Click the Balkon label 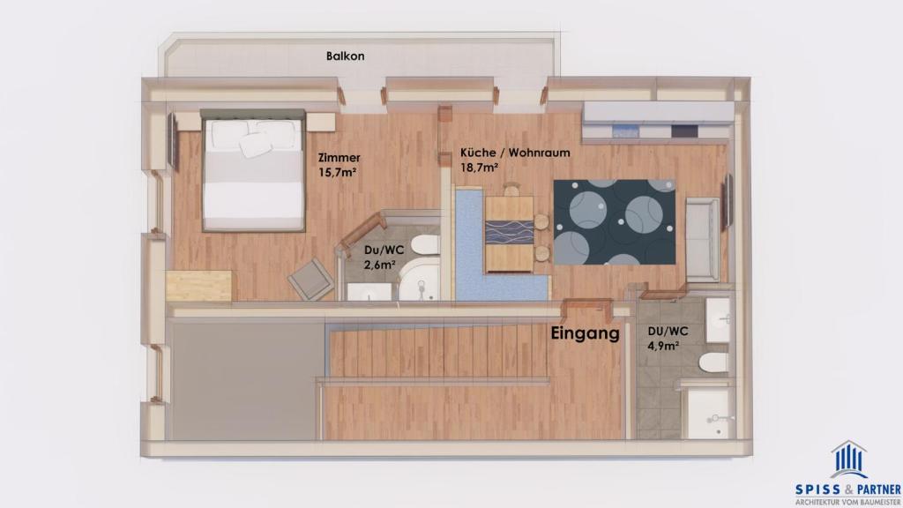pyautogui.click(x=345, y=56)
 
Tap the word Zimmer pyautogui.click(x=340, y=158)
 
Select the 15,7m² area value pyautogui.click(x=338, y=172)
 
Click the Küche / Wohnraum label pyautogui.click(x=515, y=153)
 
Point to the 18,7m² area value pyautogui.click(x=479, y=168)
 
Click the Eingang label pyautogui.click(x=586, y=333)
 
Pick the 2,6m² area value pyautogui.click(x=379, y=265)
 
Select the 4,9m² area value pyautogui.click(x=663, y=346)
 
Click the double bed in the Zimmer pyautogui.click(x=252, y=171)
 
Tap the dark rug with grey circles pyautogui.click(x=615, y=221)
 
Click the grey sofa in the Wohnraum pyautogui.click(x=702, y=239)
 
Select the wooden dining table pyautogui.click(x=509, y=233)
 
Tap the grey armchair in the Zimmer pyautogui.click(x=311, y=279)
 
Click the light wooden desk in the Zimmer pyautogui.click(x=199, y=286)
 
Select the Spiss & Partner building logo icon pyautogui.click(x=849, y=459)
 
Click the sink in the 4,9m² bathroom pyautogui.click(x=718, y=320)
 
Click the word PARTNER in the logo pyautogui.click(x=879, y=490)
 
